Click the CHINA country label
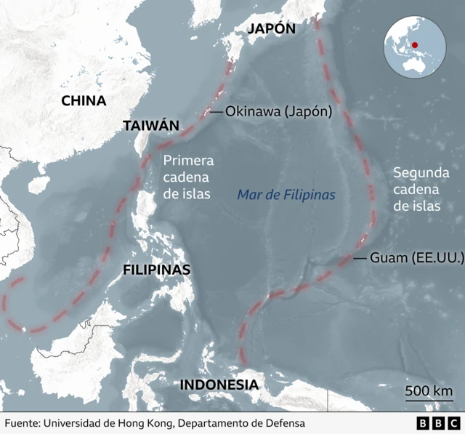84,101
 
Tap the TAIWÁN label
150,125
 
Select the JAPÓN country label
271,28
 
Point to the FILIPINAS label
156,270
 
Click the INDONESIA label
219,385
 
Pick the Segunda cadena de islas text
417,189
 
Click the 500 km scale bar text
429,391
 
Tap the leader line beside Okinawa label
216,112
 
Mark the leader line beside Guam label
360,258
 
